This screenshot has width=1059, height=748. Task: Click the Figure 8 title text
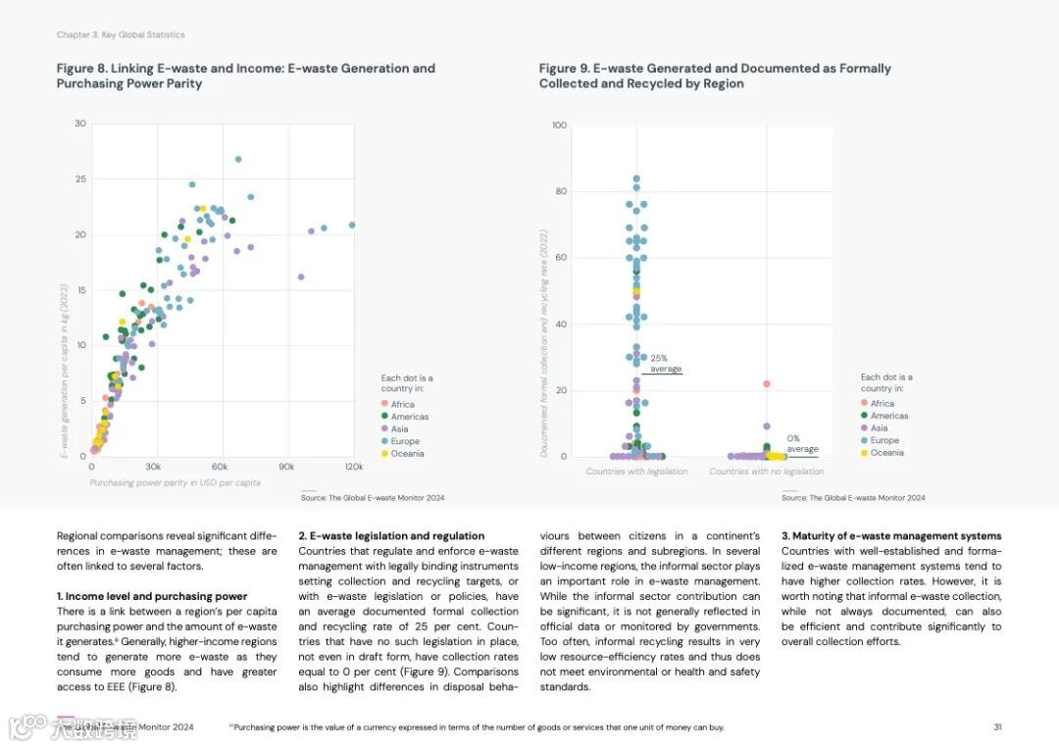[x=245, y=75]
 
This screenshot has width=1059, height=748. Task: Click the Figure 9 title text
[x=715, y=75]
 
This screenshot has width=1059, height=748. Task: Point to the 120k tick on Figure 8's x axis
[x=353, y=467]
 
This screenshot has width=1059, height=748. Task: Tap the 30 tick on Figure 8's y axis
[x=80, y=124]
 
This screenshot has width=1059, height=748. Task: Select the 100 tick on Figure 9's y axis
[x=560, y=125]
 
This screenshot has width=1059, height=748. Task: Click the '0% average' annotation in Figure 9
[x=801, y=444]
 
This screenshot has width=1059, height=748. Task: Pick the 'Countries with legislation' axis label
[x=636, y=472]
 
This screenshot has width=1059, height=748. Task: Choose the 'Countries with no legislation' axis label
[x=766, y=472]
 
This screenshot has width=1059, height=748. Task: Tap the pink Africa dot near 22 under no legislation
[x=767, y=384]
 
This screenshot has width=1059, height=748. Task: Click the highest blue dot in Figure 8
[x=238, y=159]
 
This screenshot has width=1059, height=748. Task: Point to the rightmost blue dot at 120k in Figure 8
[x=352, y=224]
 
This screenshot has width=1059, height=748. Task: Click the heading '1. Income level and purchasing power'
[x=152, y=596]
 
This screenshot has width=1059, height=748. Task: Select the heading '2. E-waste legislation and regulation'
[x=391, y=536]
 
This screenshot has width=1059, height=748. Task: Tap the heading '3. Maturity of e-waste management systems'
[x=891, y=536]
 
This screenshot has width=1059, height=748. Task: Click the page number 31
[x=997, y=727]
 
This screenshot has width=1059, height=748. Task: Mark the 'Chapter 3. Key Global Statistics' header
[x=121, y=35]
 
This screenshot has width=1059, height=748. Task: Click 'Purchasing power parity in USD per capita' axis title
[x=175, y=482]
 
